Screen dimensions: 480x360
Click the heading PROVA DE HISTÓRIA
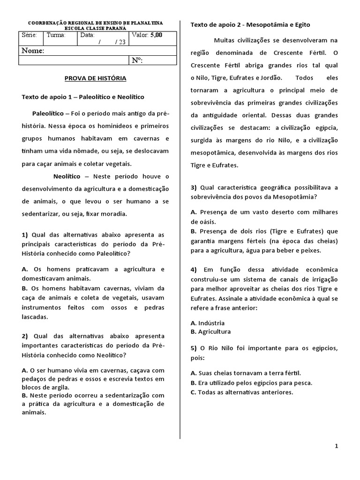point(95,78)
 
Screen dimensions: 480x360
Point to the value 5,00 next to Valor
point(157,35)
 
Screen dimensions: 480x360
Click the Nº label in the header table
point(137,60)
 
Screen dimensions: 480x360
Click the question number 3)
point(194,187)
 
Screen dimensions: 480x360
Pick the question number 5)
point(194,349)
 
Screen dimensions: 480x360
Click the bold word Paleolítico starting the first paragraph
point(48,113)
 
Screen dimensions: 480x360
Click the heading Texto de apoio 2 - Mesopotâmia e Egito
point(250,24)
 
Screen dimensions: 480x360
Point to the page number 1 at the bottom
point(337,446)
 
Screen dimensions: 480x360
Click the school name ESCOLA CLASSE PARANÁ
point(96,28)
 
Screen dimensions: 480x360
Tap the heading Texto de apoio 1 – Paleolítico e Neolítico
point(83,97)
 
